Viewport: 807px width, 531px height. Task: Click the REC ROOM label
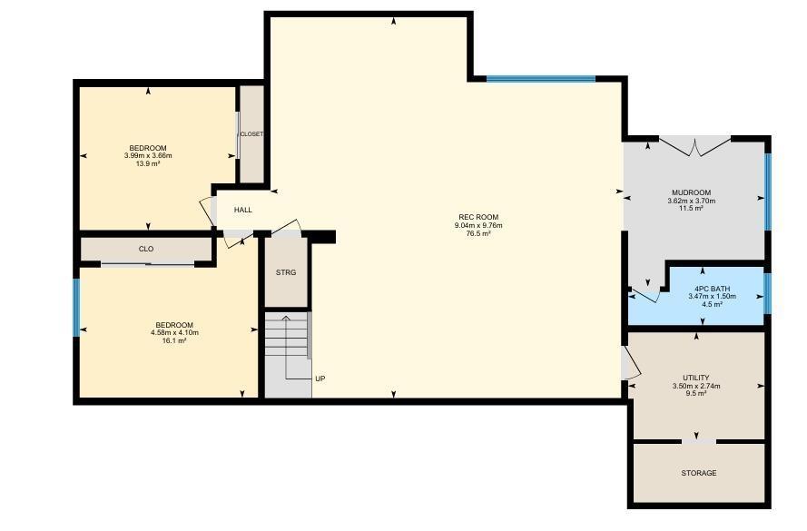pos(478,217)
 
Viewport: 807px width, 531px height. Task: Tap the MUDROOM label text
pos(691,193)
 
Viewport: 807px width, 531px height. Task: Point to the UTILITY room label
pos(696,378)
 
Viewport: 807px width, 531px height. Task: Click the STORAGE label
pos(698,473)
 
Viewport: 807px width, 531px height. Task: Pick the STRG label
pos(286,272)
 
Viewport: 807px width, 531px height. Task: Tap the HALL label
pos(243,210)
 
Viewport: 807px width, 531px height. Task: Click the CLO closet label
pos(146,249)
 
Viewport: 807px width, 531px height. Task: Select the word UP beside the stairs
pos(320,379)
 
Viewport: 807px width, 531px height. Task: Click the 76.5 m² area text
pos(478,233)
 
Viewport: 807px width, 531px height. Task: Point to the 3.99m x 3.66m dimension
pos(148,155)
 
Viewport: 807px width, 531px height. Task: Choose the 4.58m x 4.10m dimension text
pos(174,332)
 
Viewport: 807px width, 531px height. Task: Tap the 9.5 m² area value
pos(696,393)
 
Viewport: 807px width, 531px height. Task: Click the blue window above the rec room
pos(541,79)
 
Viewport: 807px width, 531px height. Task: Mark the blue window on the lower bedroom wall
pos(76,307)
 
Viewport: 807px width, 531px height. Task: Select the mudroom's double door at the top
pos(694,145)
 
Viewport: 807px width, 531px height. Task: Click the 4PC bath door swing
pos(645,296)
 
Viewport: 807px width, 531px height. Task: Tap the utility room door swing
pos(631,363)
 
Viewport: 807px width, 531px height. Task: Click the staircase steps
pos(287,336)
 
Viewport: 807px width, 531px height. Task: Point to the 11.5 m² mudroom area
pos(691,209)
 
